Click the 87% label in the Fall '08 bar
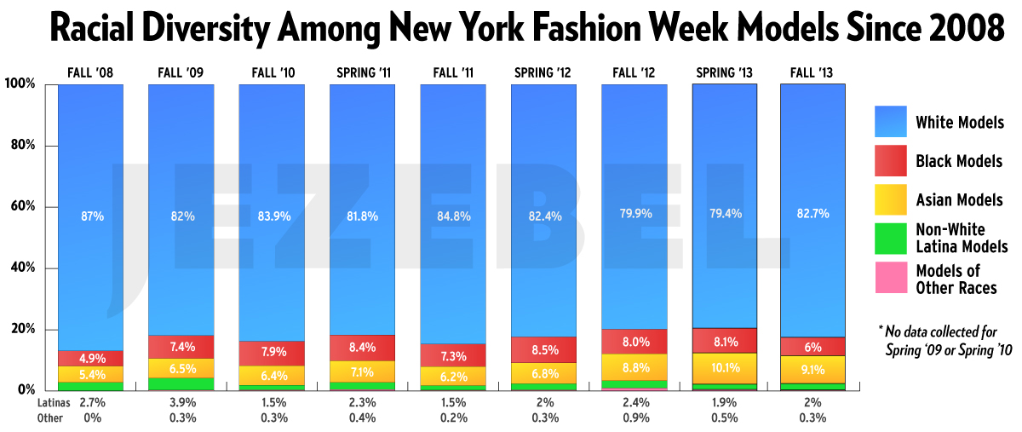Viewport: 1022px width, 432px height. [91, 216]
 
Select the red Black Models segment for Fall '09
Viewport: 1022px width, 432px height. [181, 347]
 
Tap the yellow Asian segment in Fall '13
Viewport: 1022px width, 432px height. [813, 369]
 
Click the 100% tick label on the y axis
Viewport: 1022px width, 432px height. [19, 84]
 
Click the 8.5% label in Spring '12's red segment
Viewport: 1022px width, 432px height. [543, 348]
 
